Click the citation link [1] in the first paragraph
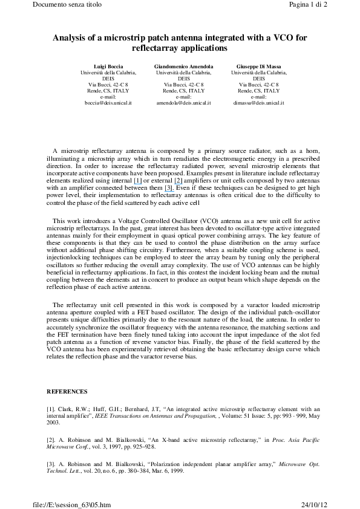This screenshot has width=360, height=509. coord(137,181)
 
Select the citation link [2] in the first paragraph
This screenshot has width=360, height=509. coord(178,181)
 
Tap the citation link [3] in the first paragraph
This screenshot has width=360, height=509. coord(169,188)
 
